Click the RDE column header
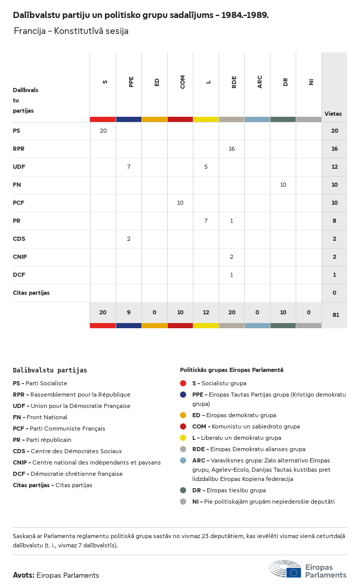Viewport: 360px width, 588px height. [234, 82]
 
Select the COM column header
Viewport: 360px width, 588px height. [183, 82]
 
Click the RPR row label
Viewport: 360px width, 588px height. [19, 149]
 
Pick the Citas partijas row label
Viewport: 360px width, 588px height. [31, 293]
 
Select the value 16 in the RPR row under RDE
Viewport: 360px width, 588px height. [231, 149]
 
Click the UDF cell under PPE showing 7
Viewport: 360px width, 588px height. [129, 167]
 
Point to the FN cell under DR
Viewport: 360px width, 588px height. [283, 185]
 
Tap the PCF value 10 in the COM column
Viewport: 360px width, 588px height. [180, 203]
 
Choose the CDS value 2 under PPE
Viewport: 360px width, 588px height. [129, 239]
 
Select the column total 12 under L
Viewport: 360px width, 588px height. [206, 312]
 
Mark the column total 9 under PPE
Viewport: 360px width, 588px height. [129, 312]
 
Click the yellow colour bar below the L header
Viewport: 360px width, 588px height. [206, 119]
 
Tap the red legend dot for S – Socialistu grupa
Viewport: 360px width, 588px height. [183, 383]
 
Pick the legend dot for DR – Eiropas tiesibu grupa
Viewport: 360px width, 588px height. [183, 490]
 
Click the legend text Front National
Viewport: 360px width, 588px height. [47, 417]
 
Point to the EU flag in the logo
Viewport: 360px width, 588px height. [294, 573]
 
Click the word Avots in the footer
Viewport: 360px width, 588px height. [24, 575]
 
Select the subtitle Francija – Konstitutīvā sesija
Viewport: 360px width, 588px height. [71, 31]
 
